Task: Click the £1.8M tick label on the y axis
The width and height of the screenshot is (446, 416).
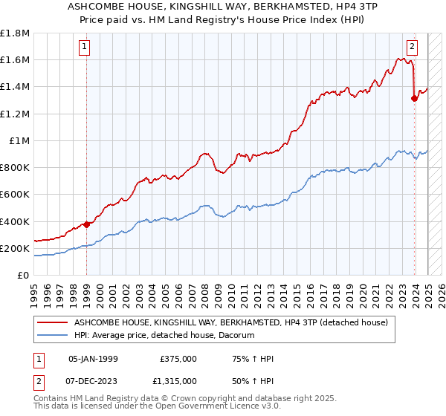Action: click(15, 33)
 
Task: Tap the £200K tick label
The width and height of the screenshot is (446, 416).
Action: click(15, 248)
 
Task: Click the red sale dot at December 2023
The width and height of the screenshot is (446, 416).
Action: click(414, 98)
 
